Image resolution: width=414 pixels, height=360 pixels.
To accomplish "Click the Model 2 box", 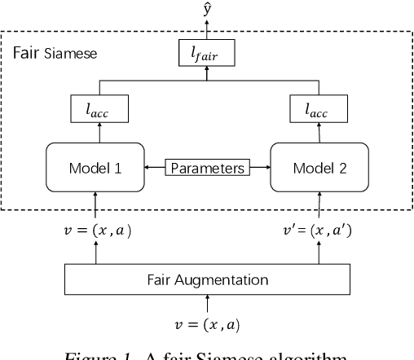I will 318,169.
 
